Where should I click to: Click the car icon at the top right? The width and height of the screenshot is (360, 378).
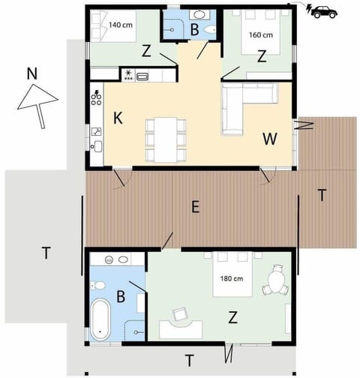pos(325,11)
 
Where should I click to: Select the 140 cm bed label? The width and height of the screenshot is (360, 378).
pos(121,25)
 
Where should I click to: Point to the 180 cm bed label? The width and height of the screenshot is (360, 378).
pos(231,280)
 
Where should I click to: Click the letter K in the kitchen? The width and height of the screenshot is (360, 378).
pos(118,118)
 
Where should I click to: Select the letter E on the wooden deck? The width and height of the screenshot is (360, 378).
pos(195,209)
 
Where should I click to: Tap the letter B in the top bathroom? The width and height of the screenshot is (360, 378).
pos(193,31)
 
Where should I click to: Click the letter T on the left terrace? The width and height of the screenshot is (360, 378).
pos(46,253)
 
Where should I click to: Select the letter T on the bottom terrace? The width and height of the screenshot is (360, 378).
pos(189,359)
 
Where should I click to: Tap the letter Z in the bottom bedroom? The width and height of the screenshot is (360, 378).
pos(232,317)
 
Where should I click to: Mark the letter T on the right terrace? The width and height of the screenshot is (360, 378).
pos(322,195)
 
